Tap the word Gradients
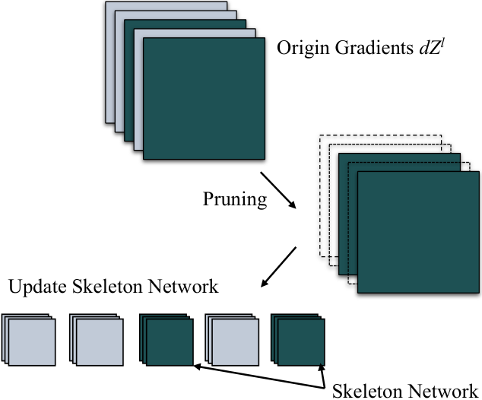374,48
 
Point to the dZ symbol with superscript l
432,47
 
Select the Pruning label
235,200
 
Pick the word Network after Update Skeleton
183,286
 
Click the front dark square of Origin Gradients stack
204,98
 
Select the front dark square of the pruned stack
418,232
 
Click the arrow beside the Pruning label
278,190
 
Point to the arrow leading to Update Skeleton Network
278,267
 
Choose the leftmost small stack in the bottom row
29,340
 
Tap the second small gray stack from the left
97,340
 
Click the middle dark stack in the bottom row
166,340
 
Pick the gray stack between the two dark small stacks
232,340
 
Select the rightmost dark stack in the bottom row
298,340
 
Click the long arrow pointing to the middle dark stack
258,377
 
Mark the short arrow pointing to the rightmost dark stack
322,376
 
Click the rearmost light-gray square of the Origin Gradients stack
166,6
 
